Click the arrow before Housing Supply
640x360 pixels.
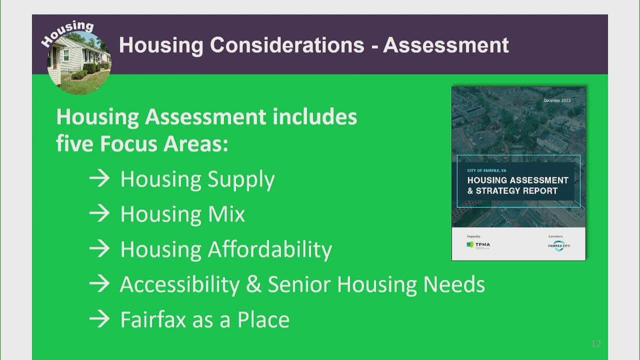(x=99, y=179)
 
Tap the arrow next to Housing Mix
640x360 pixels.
(x=99, y=214)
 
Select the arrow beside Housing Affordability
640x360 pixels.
(x=99, y=249)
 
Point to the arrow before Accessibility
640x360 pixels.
(x=99, y=284)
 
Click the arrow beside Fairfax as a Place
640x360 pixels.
(x=99, y=319)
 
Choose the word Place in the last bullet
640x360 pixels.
(x=263, y=319)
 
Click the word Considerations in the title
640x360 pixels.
(x=287, y=45)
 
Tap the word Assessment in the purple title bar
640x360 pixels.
(x=446, y=45)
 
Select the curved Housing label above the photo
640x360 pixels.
(x=67, y=32)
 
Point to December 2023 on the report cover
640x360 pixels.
(x=557, y=100)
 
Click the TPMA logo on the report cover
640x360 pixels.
(x=478, y=245)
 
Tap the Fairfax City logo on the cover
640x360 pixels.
(x=559, y=245)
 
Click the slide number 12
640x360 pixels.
(x=595, y=344)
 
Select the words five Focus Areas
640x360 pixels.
(x=142, y=144)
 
